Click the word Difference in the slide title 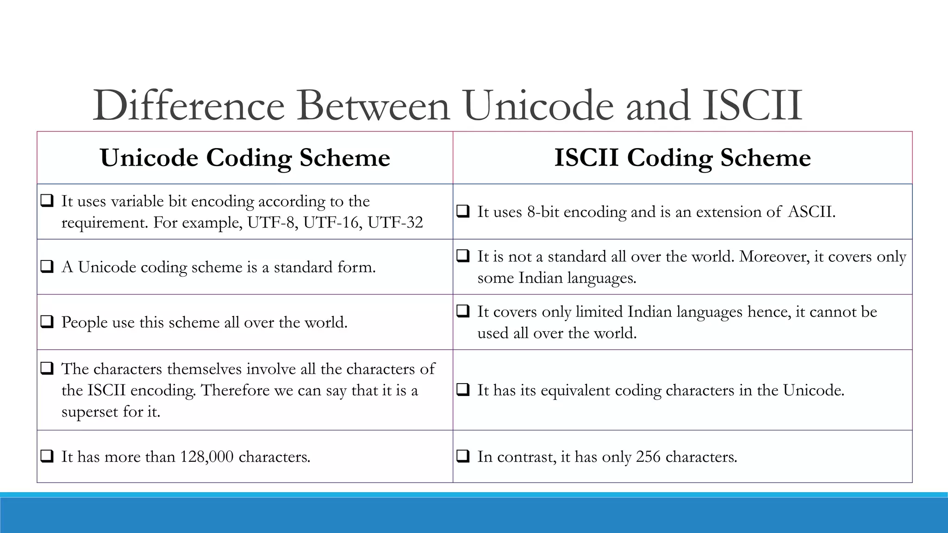click(188, 105)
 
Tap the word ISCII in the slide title click(752, 105)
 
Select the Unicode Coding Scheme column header click(245, 158)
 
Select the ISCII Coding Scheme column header click(682, 158)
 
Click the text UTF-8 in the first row click(272, 223)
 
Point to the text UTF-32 click(395, 223)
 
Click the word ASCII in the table click(811, 212)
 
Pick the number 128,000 click(206, 457)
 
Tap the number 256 click(648, 457)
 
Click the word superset click(90, 411)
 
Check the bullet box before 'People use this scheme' click(47, 322)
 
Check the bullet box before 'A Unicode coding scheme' click(47, 266)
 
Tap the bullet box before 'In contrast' click(463, 456)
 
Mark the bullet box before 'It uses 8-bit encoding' click(463, 211)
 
